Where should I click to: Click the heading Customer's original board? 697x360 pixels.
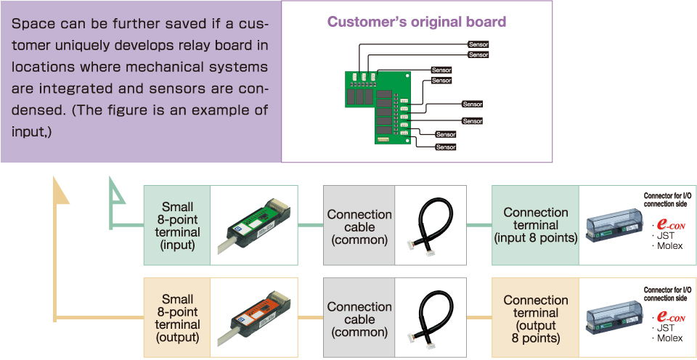[x=417, y=22]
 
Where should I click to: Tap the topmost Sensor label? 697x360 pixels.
[x=478, y=44]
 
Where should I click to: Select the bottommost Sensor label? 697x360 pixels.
[x=446, y=147]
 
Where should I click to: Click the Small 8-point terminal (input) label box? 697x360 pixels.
[x=177, y=225]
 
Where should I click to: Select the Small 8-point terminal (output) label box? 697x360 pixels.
[x=177, y=318]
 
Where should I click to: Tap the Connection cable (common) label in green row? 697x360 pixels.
[x=359, y=227]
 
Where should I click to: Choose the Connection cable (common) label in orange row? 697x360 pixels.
[x=359, y=319]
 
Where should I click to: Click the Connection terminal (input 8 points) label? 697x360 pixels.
[x=536, y=225]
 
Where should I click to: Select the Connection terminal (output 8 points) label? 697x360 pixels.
[x=536, y=319]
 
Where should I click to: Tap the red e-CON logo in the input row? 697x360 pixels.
[x=670, y=225]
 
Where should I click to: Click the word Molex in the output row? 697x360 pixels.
[x=670, y=338]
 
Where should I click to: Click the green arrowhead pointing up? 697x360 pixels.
[x=117, y=190]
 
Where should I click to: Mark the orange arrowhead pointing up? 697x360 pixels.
[x=61, y=190]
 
